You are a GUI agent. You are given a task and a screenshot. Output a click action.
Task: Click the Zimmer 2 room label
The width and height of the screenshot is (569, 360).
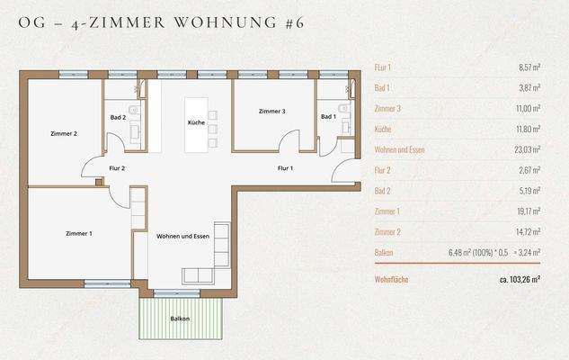coord(63,134)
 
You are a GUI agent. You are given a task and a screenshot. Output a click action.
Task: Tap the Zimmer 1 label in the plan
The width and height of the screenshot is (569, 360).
coord(78,234)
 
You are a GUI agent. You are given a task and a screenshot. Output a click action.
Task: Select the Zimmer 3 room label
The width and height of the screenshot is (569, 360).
coord(271,112)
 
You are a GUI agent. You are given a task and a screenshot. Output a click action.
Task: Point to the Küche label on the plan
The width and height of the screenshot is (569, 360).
coord(196,121)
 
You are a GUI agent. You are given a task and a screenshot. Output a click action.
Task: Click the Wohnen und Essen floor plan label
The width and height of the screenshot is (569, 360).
coord(182,236)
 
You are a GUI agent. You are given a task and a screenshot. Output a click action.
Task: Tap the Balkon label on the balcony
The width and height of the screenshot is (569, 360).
coord(180,319)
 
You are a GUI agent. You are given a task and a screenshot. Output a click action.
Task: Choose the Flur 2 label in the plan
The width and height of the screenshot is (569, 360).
coord(116,168)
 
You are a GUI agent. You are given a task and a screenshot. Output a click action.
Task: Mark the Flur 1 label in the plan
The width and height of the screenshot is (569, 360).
coord(285,168)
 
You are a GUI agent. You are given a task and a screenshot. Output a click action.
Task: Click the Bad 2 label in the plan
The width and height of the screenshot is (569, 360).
coord(118,117)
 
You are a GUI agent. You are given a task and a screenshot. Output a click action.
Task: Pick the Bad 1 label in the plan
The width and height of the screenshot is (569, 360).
coord(328,117)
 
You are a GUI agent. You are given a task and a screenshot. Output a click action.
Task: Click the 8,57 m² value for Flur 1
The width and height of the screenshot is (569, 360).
coord(525,67)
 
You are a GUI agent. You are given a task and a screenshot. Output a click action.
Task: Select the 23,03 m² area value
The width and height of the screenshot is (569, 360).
coord(523,149)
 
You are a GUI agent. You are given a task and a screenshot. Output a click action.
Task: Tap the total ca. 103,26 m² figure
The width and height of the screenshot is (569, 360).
coord(520,280)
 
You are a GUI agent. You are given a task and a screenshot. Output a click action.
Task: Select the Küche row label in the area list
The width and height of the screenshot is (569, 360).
coord(383,129)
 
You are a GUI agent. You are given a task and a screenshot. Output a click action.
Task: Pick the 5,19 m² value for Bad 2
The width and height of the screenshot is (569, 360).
coord(526,190)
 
